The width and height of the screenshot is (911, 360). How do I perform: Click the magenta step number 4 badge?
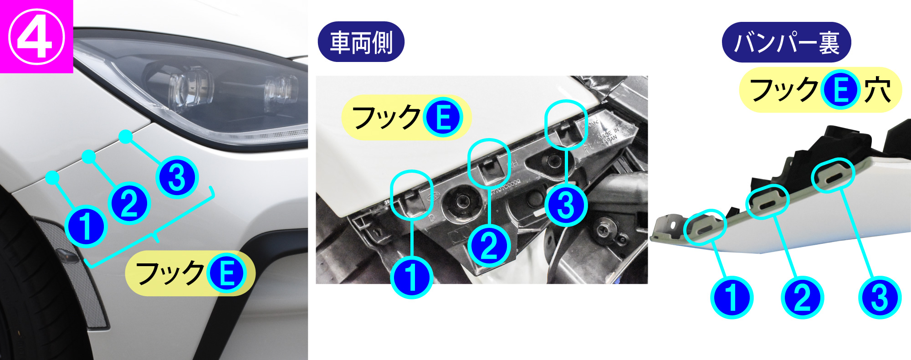[36, 36]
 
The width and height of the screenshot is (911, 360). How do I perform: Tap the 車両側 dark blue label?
[361, 42]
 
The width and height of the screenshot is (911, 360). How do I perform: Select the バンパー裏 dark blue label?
[786, 42]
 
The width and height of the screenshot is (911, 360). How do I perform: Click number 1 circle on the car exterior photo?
[86, 226]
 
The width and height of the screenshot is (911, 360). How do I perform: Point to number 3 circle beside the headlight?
[177, 177]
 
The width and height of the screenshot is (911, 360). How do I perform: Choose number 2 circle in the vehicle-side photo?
[489, 247]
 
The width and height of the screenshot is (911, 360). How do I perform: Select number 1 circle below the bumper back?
[732, 298]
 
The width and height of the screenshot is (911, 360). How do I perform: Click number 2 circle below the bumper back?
[802, 298]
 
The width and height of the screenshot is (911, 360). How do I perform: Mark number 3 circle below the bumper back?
[879, 298]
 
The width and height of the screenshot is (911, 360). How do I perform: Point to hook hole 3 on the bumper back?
[833, 175]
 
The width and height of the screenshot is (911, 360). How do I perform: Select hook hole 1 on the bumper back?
[705, 226]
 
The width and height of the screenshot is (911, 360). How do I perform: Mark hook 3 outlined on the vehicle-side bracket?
[566, 124]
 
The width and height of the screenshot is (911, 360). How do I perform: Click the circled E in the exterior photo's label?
[226, 273]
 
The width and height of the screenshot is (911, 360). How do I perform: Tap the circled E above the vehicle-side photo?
[442, 117]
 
